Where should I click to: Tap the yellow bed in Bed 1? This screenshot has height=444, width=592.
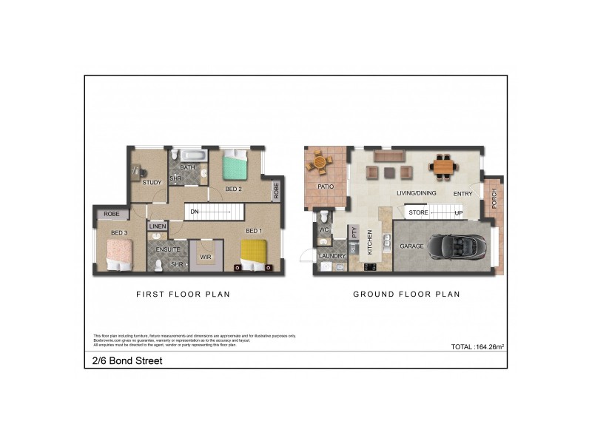click(252, 254)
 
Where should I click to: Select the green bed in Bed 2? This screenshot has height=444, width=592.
click(237, 165)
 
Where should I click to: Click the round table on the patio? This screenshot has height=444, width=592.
click(320, 161)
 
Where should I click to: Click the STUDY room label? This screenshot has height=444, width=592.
click(152, 183)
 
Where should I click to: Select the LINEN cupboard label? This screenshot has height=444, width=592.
click(157, 226)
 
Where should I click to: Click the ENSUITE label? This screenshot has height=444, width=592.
click(167, 249)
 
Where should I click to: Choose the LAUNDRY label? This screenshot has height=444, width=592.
click(332, 256)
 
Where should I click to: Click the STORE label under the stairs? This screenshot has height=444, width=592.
click(419, 213)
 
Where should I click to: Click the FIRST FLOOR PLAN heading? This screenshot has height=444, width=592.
click(183, 295)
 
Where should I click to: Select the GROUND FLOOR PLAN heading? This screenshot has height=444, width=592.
click(406, 295)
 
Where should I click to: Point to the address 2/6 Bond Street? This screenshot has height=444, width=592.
click(122, 362)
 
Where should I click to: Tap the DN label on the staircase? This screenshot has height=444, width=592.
click(195, 212)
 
